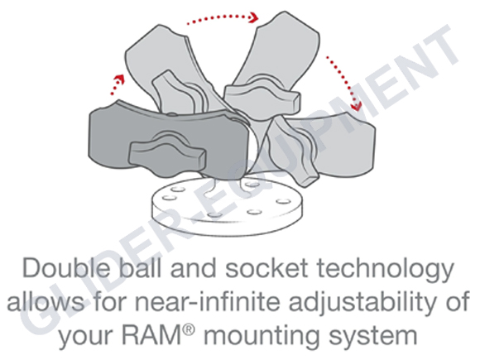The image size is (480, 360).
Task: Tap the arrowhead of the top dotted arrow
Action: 254,17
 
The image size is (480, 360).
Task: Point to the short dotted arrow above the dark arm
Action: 118,84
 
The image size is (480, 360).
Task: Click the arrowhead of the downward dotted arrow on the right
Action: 357,105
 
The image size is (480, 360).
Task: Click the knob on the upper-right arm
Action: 262,95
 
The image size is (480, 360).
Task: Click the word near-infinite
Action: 208,301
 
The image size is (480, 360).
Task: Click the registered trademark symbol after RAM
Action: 190,329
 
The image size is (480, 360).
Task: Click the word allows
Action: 46,301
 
